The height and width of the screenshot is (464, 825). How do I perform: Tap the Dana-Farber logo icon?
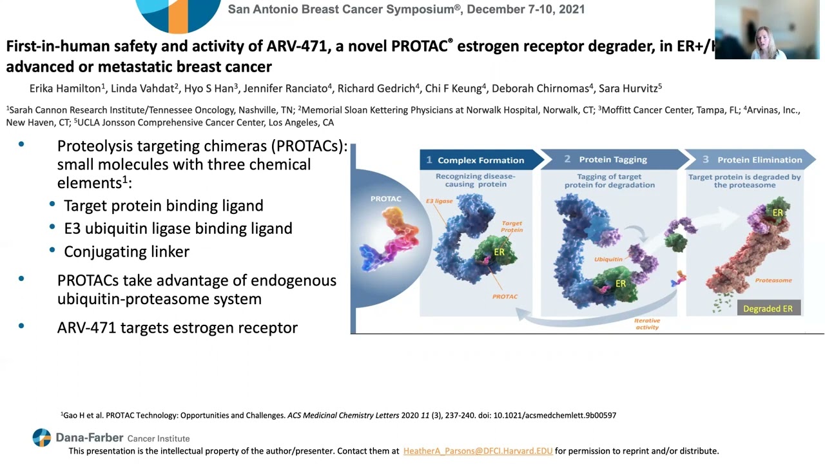pyautogui.click(x=41, y=438)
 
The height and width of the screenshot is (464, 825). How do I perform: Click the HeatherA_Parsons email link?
pyautogui.click(x=478, y=451)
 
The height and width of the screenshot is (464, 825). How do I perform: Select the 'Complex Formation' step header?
pyautogui.click(x=480, y=160)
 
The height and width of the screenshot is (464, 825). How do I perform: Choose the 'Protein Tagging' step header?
pyautogui.click(x=612, y=159)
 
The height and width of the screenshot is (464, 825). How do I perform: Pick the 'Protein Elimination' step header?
pyautogui.click(x=759, y=160)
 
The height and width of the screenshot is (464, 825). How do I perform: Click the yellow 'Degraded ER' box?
pyautogui.click(x=768, y=309)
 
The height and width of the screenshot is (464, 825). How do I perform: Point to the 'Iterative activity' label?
pyautogui.click(x=647, y=324)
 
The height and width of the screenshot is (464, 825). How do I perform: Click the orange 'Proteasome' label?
pyautogui.click(x=773, y=280)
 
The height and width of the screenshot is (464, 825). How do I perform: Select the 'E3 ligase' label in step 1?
pyautogui.click(x=439, y=201)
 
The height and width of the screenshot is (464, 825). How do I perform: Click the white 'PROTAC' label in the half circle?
pyautogui.click(x=385, y=198)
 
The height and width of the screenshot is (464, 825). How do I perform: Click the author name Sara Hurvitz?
pyautogui.click(x=628, y=88)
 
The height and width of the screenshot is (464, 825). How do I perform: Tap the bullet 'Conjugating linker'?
pyautogui.click(x=126, y=251)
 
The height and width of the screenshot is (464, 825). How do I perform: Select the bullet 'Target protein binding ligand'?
pyautogui.click(x=163, y=206)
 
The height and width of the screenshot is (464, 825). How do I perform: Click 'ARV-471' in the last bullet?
pyautogui.click(x=86, y=327)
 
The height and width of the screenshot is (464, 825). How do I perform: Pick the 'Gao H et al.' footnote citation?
pyautogui.click(x=82, y=416)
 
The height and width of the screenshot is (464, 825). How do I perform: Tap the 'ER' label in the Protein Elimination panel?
pyautogui.click(x=777, y=213)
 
